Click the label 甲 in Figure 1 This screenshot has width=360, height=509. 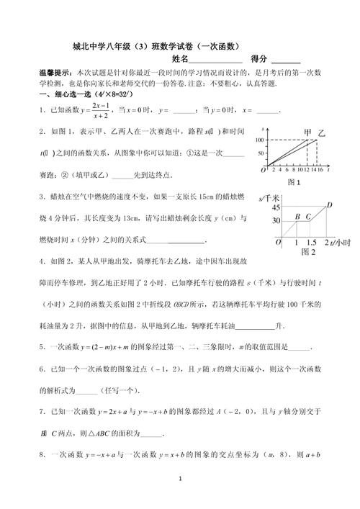pos(308,132)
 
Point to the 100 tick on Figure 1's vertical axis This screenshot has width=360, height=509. pos(260,139)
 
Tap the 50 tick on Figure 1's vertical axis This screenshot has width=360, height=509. pos(261,153)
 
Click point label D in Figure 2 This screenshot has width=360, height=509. pos(329,205)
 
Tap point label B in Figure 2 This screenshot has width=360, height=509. pos(297,217)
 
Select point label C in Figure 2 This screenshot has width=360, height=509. pos(308,217)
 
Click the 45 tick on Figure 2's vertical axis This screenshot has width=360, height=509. pos(276,208)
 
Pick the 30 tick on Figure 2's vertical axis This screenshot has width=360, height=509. pos(276,220)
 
